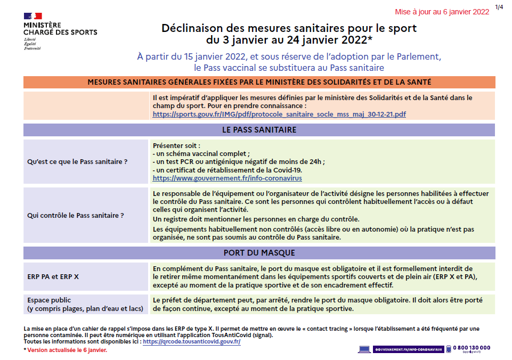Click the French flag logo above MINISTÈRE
coord(32,16)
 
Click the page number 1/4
coord(499,7)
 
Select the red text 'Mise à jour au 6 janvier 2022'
coord(442,12)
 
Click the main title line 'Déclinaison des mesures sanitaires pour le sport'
coord(289,28)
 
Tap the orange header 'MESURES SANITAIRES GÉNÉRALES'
coord(259,82)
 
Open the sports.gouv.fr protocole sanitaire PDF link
coord(279,114)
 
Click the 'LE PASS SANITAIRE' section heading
coord(259,130)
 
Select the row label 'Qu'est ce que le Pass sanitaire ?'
coord(77,161)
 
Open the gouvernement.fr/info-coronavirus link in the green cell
coord(227,178)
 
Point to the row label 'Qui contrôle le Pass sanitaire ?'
coord(76,215)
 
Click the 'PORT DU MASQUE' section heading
coord(259,252)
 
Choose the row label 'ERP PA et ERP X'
coord(53,277)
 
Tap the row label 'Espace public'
coord(49,300)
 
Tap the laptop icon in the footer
coord(364,349)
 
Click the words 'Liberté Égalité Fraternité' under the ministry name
coord(31,44)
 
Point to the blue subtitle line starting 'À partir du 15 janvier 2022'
coord(289,56)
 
